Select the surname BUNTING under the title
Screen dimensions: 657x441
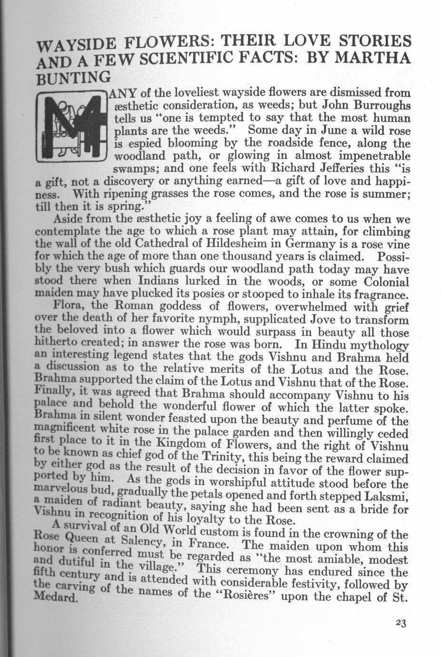[73, 76]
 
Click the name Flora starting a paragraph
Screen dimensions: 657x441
[70, 305]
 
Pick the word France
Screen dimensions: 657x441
[209, 544]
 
